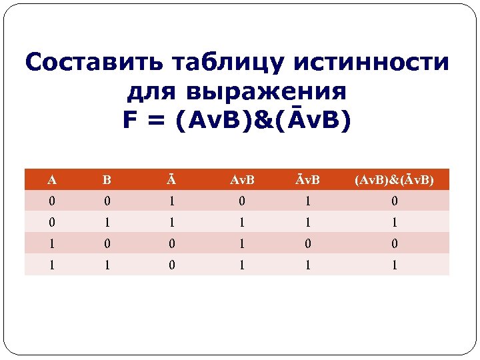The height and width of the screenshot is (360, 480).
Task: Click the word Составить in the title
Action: pyautogui.click(x=93, y=63)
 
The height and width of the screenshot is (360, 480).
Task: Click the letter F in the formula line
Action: pyautogui.click(x=131, y=120)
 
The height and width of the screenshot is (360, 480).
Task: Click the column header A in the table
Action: pyautogui.click(x=51, y=180)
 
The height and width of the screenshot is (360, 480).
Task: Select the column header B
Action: pyautogui.click(x=107, y=180)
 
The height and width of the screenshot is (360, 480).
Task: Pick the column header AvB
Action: pyautogui.click(x=243, y=180)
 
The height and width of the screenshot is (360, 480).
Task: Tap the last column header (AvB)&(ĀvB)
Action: pyautogui.click(x=395, y=180)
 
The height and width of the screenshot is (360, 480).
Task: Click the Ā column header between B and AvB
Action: pyautogui.click(x=171, y=180)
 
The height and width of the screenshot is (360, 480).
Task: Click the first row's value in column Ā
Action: pyautogui.click(x=171, y=201)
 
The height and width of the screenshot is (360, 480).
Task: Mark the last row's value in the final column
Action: pyautogui.click(x=395, y=265)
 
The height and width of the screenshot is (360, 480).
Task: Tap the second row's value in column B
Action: pyautogui.click(x=107, y=222)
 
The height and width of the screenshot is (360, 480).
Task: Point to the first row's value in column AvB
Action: pyautogui.click(x=243, y=201)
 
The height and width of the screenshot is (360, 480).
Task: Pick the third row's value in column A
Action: pyautogui.click(x=51, y=243)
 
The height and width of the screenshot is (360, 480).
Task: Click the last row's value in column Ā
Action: pyautogui.click(x=171, y=265)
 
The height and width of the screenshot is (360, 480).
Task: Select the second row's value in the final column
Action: pyautogui.click(x=395, y=222)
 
